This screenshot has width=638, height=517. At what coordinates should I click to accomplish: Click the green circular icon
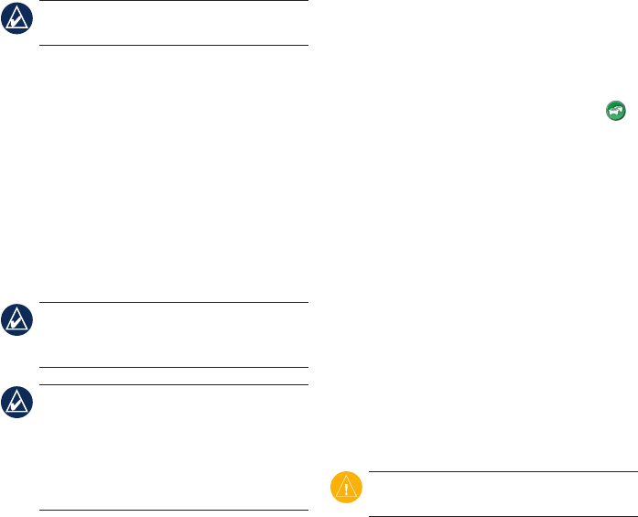[614, 110]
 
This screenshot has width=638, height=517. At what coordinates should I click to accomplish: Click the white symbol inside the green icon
[614, 110]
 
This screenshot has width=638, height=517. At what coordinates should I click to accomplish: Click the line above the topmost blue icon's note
[174, 1]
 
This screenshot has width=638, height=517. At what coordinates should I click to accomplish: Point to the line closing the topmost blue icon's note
[174, 45]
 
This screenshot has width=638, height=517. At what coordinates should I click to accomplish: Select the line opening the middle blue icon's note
[174, 303]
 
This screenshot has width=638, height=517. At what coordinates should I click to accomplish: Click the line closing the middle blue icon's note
[174, 368]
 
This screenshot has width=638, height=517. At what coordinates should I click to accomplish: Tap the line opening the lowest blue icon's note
[174, 384]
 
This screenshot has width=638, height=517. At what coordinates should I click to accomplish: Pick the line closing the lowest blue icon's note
[174, 510]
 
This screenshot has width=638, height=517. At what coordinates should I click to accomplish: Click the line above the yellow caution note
[503, 472]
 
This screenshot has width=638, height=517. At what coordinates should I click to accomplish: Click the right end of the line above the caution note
[634, 472]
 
